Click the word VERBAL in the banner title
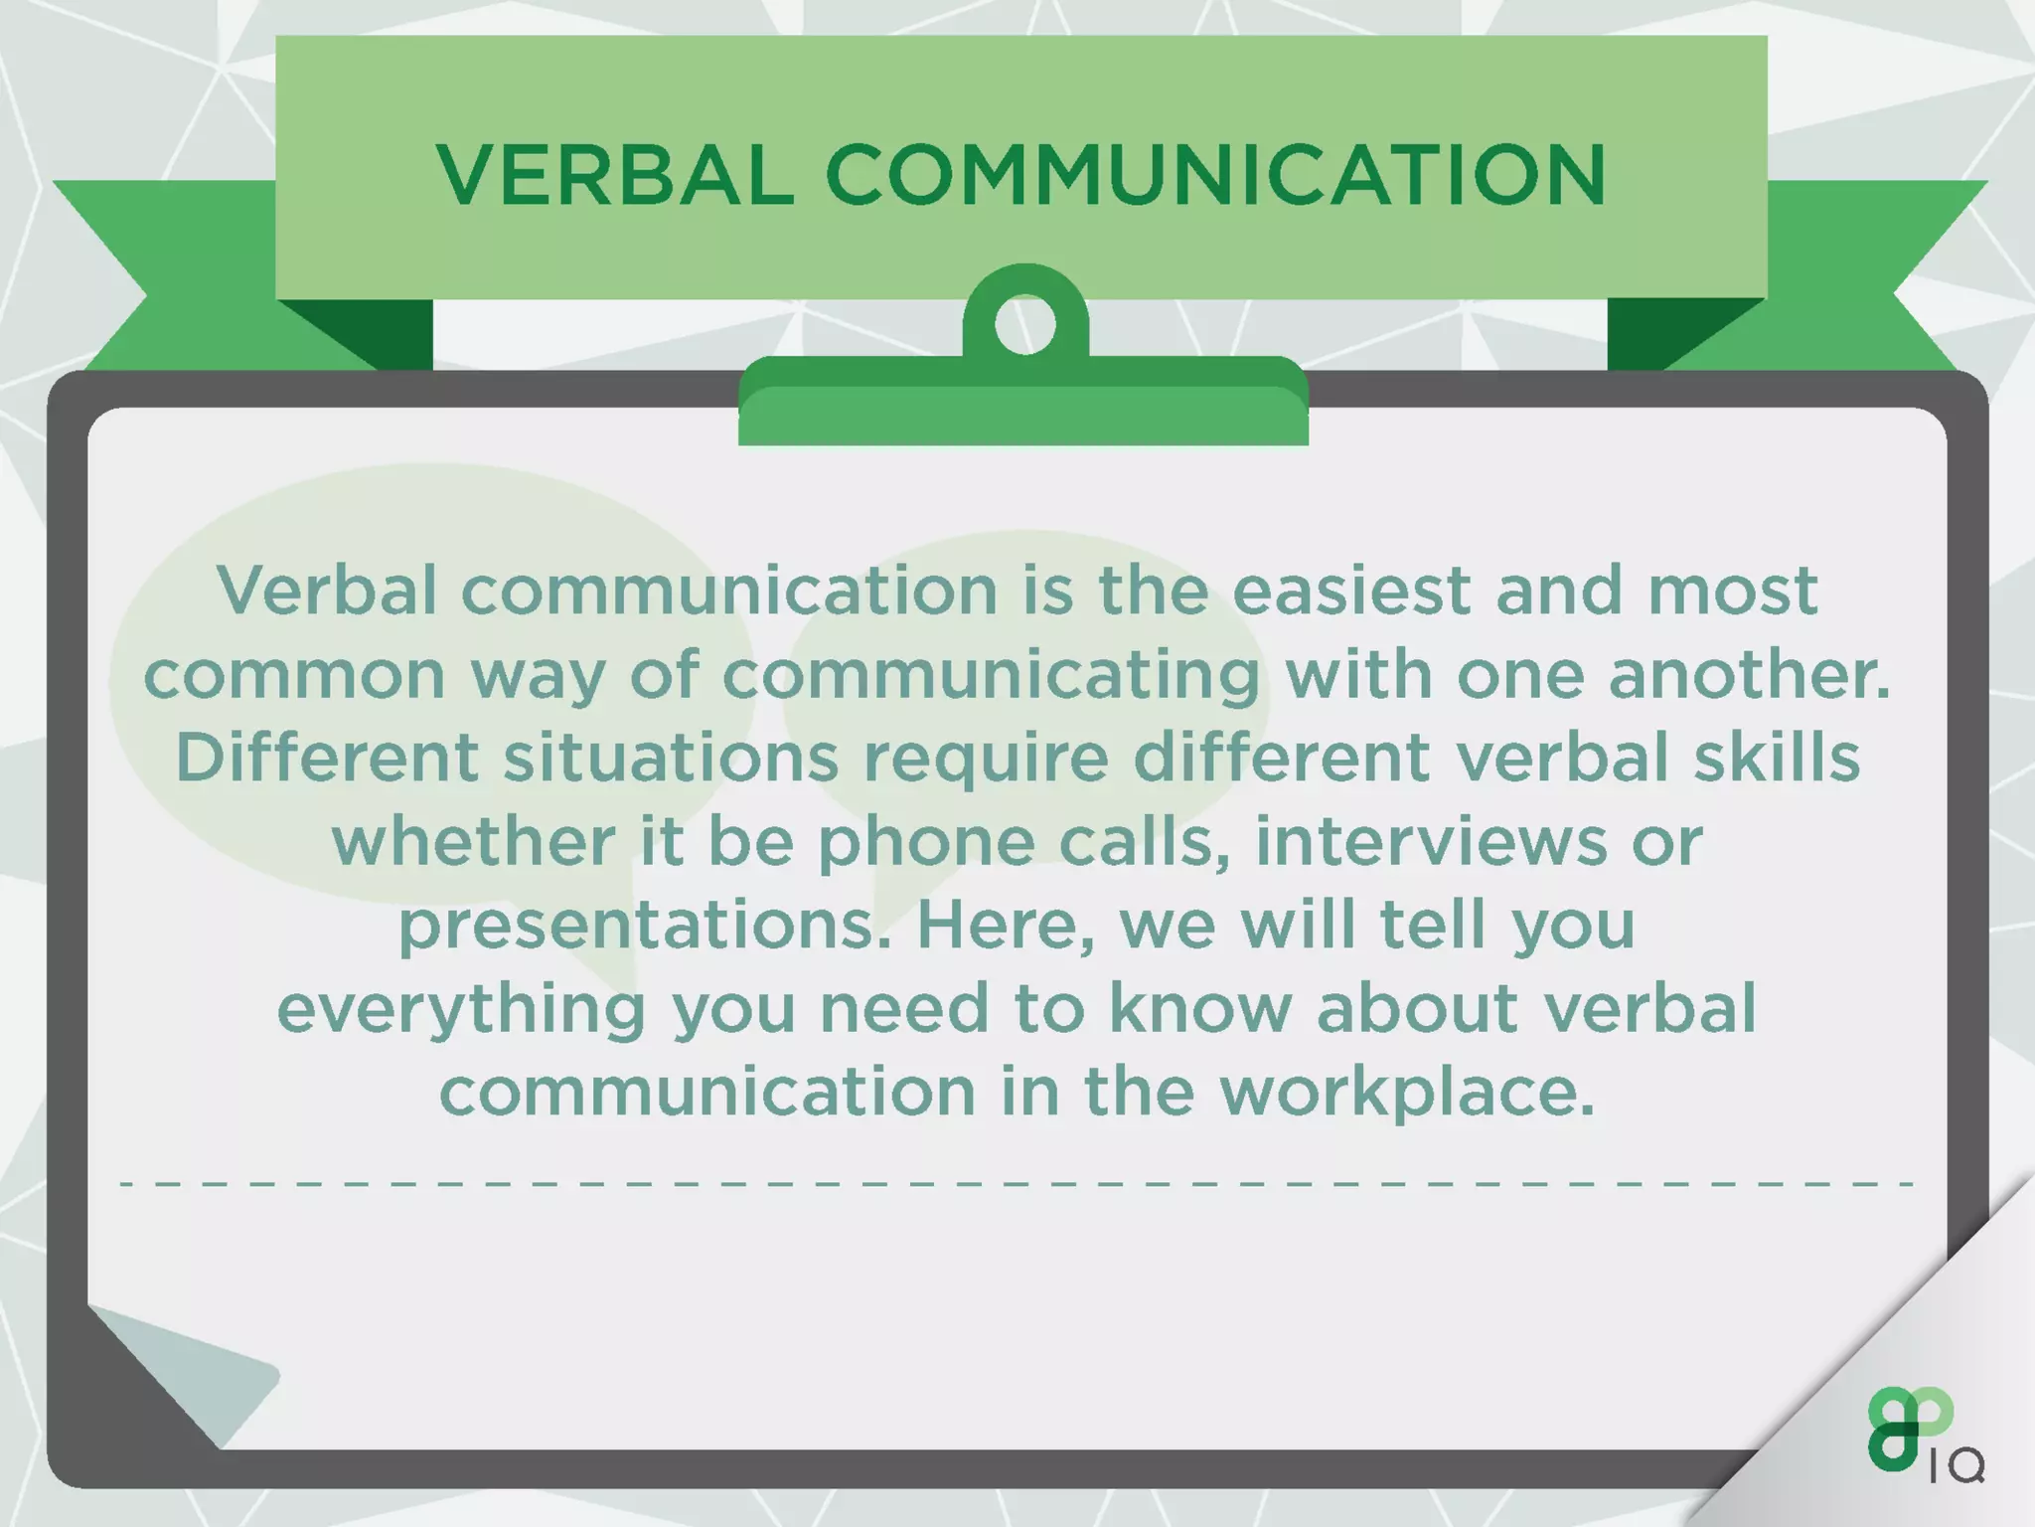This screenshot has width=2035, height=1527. (x=615, y=175)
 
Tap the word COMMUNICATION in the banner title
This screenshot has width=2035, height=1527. (x=1214, y=175)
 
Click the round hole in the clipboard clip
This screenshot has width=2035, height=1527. (x=1024, y=324)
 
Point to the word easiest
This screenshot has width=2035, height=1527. (x=1351, y=591)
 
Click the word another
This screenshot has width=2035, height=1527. (x=1749, y=675)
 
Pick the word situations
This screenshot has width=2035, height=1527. (x=671, y=759)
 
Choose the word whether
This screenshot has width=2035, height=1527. (x=473, y=843)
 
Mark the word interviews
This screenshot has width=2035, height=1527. (x=1430, y=842)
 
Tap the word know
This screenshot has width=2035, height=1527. (x=1199, y=1009)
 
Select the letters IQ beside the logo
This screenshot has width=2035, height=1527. (x=1957, y=1466)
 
